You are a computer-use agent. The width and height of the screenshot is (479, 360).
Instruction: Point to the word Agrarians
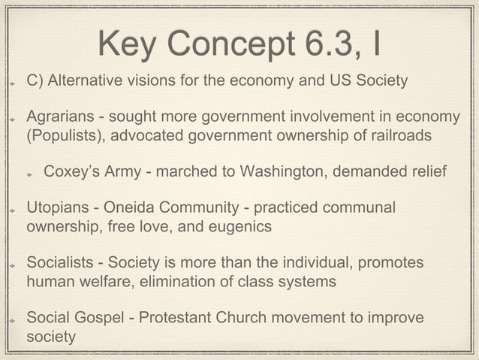[60, 117]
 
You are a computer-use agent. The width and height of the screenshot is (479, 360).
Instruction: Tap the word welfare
[106, 282]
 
